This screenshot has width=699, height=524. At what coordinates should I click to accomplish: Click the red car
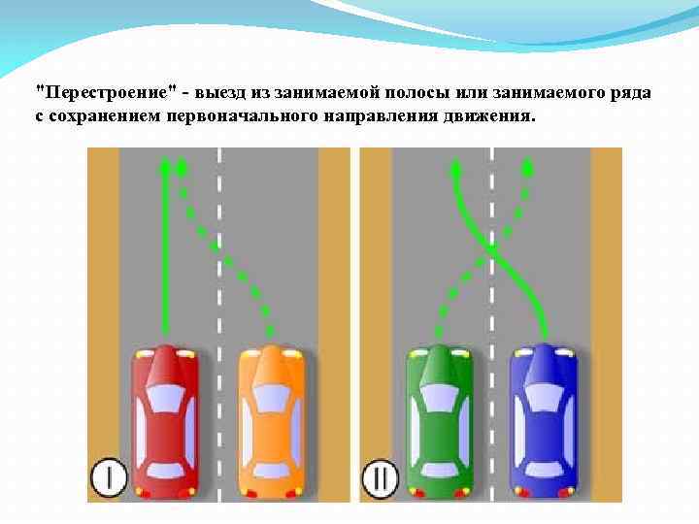165,422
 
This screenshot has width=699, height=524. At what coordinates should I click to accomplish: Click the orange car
271,422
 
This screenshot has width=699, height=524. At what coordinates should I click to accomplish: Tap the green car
439,422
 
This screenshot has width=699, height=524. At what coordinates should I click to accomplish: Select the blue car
544,422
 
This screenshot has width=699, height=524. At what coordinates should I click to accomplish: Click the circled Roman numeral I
110,477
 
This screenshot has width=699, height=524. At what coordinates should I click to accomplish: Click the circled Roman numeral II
380,477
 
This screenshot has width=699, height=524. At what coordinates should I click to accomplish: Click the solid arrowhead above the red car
165,168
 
